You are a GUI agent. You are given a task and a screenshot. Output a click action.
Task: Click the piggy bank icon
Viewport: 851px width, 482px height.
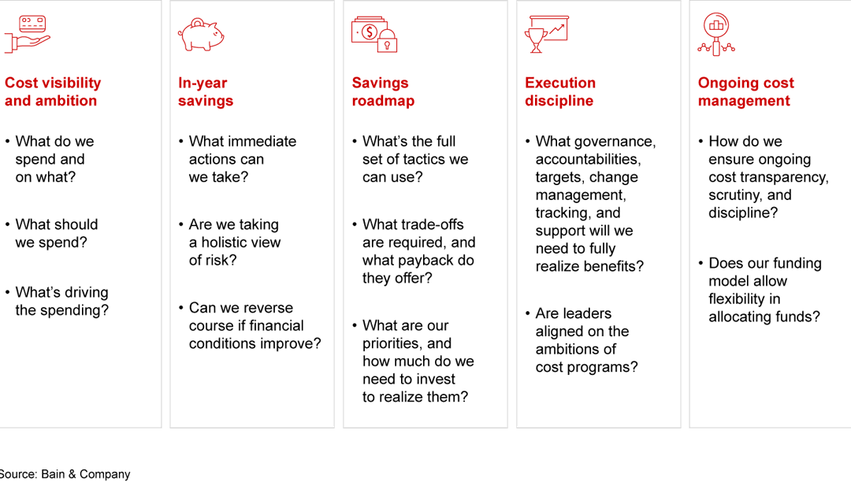coord(202,35)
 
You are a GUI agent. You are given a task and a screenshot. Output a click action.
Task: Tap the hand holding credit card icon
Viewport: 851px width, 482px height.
coord(27,35)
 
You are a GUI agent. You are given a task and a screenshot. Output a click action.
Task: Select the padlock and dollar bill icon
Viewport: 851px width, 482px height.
coord(375,35)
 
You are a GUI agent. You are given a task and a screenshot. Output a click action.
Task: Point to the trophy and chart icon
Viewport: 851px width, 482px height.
coord(546,35)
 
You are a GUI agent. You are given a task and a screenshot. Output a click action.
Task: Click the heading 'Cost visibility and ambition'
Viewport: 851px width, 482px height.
coord(53,92)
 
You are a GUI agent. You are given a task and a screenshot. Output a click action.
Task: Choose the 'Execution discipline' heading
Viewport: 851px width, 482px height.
coord(560,92)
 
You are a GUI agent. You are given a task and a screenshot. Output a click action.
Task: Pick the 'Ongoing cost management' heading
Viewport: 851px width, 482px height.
coord(745,92)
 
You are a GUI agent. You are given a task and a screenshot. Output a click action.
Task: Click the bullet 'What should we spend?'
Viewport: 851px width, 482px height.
coord(57,234)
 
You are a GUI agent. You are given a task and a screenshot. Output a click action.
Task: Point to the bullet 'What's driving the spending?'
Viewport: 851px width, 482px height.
coord(61,302)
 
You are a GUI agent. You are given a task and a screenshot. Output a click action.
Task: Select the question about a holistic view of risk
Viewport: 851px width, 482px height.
coord(235,243)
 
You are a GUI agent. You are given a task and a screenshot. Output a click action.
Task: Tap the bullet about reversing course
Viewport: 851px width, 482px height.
coord(255,326)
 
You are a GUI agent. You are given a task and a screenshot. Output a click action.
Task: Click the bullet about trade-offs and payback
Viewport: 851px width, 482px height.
coord(418,251)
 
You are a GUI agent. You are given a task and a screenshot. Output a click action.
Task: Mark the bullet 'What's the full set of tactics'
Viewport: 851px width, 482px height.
coord(414,159)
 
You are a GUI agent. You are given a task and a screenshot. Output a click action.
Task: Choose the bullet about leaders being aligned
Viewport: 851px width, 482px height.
coord(586,340)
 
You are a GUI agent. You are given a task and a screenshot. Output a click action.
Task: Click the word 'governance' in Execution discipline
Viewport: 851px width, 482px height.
coord(618,142)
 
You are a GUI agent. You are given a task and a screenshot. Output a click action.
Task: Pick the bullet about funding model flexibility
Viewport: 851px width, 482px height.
coord(764,290)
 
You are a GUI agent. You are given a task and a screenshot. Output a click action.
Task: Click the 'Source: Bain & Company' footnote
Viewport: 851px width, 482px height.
coord(65,474)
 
